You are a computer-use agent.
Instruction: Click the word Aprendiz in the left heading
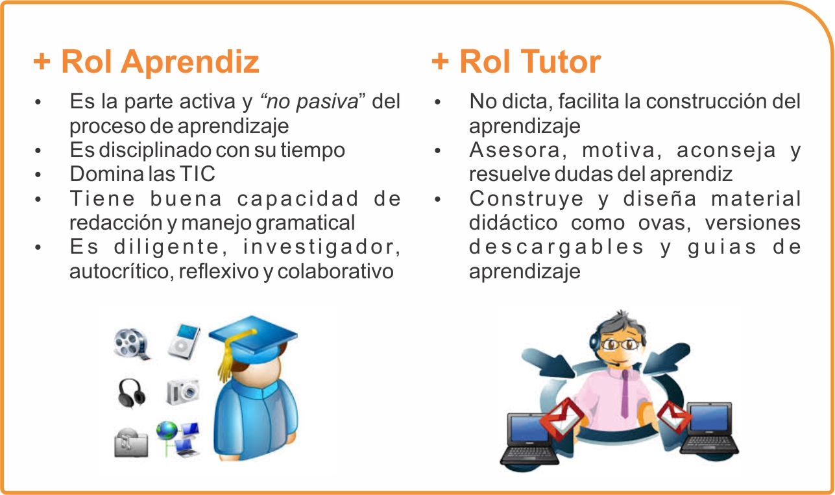189,62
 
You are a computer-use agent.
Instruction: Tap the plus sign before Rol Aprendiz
42,61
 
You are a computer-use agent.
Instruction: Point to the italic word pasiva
327,102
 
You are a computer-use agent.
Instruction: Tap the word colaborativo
335,271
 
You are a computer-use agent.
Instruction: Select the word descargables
557,248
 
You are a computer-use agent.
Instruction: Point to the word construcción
706,101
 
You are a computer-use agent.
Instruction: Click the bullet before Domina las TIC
38,175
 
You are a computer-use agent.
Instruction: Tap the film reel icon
132,344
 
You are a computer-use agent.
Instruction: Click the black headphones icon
131,393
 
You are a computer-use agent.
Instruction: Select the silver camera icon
183,392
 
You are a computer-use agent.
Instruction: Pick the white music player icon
184,341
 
